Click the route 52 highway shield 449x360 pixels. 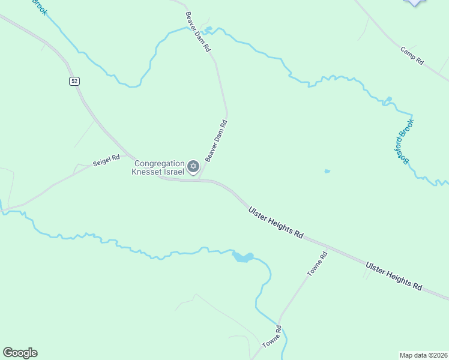tap(74, 81)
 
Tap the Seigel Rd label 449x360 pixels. tap(106, 161)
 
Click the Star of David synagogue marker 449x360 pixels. tap(193, 166)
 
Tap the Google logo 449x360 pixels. tap(20, 353)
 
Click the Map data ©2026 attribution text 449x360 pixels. tap(423, 355)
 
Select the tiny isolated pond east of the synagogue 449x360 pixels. tap(327, 172)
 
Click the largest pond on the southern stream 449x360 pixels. tap(243, 257)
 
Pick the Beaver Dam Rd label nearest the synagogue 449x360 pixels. tap(216, 142)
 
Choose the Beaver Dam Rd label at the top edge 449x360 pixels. tap(198, 32)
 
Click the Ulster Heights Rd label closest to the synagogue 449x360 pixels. tap(276, 222)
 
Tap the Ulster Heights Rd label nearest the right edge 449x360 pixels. tap(394, 275)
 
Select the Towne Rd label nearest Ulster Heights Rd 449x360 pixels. tap(318, 264)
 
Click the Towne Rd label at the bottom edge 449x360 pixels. tap(272, 337)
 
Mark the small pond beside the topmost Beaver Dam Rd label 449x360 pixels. tap(208, 28)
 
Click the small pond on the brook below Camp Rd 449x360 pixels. tap(389, 99)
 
